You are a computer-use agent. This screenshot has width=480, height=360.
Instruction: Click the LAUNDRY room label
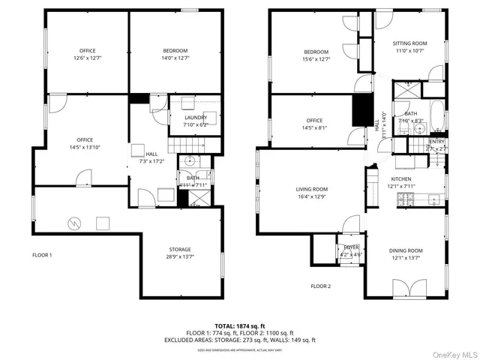pyautogui.click(x=195, y=118)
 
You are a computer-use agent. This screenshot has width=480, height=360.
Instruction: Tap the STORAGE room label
pyautogui.click(x=179, y=250)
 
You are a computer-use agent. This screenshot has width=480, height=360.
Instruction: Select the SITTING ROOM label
pyautogui.click(x=410, y=44)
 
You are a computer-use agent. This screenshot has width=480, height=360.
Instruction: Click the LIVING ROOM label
pyautogui.click(x=312, y=189)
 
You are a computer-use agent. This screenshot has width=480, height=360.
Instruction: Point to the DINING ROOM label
pyautogui.click(x=406, y=250)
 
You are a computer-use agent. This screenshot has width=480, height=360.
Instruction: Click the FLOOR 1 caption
pyautogui.click(x=42, y=256)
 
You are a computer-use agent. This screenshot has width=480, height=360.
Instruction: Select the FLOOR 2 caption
pyautogui.click(x=320, y=286)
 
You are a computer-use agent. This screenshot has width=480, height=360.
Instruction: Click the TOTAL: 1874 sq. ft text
pyautogui.click(x=240, y=326)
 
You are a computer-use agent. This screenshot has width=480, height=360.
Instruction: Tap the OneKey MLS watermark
pyautogui.click(x=452, y=352)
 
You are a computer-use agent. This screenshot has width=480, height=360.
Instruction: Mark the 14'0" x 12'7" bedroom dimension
pyautogui.click(x=175, y=58)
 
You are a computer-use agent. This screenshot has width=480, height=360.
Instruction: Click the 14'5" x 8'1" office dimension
pyautogui.click(x=314, y=127)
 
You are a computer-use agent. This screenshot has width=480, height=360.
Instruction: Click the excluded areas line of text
pyautogui.click(x=240, y=340)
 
